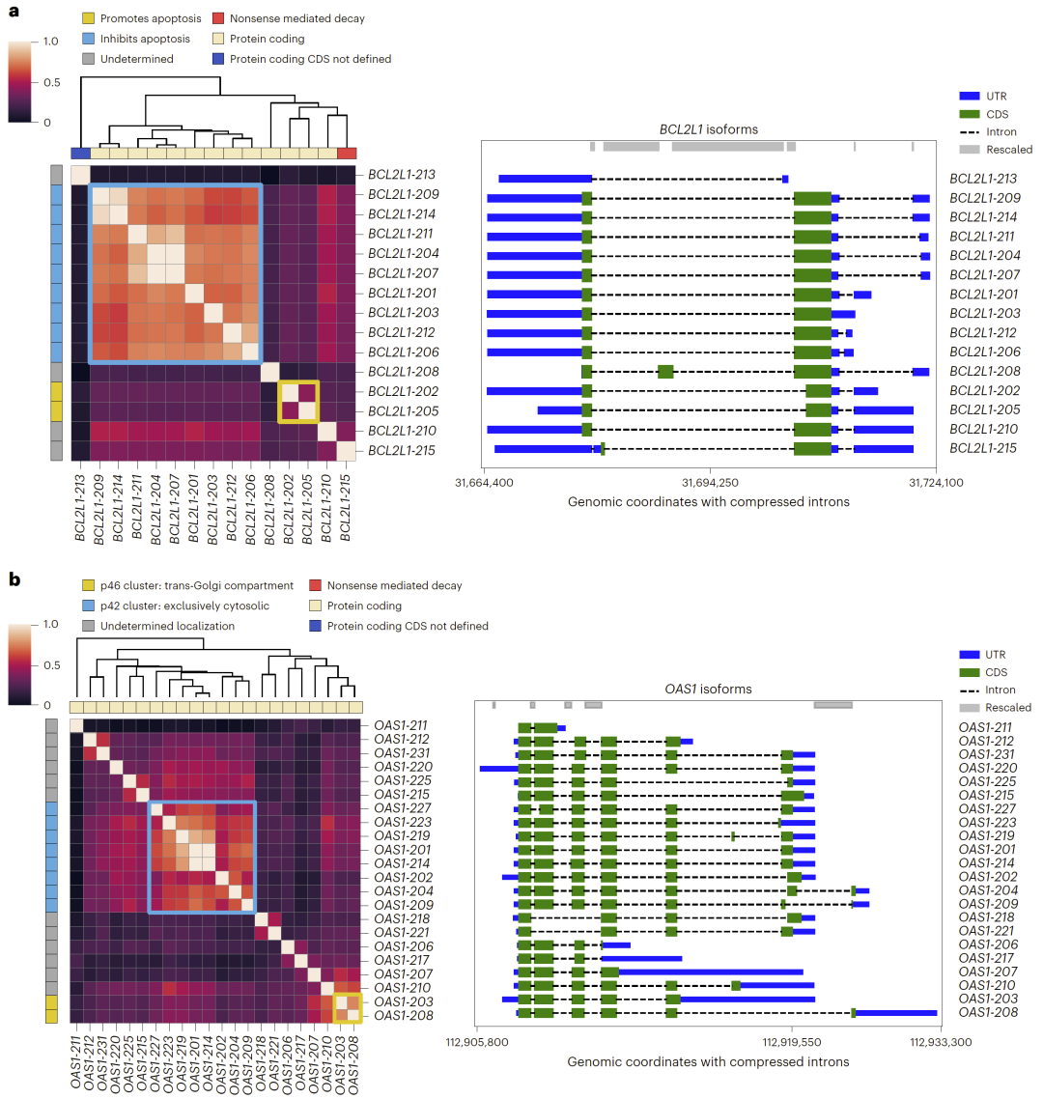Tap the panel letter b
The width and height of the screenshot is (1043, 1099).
coord(14,579)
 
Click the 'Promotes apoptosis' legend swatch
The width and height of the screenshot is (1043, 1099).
coord(88,18)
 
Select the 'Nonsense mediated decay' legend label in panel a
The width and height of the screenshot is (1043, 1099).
coord(297,18)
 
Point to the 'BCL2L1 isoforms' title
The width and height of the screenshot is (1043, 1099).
coord(709,128)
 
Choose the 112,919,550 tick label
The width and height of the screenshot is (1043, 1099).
coord(791,1042)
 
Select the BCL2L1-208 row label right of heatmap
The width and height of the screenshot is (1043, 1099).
coord(402,372)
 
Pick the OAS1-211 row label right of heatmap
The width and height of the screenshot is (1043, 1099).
coord(400,725)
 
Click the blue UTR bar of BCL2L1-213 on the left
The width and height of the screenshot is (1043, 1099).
coord(545,179)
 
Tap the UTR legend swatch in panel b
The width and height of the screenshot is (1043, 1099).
coord(970,655)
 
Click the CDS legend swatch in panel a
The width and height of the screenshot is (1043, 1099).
coord(970,114)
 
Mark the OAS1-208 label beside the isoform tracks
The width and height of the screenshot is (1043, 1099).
coord(987,1012)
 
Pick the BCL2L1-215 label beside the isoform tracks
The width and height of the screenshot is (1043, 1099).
coord(983,448)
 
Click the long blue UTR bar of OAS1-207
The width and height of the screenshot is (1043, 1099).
coord(711,972)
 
